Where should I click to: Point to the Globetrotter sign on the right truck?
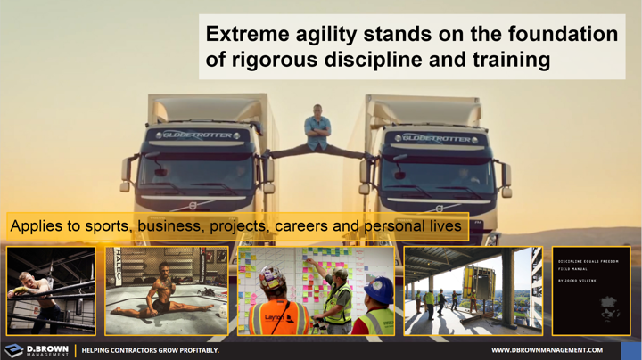(x=432, y=138)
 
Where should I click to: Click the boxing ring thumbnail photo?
(x=51, y=290)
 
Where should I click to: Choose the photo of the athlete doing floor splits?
(x=166, y=290)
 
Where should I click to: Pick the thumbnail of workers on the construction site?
(x=473, y=290)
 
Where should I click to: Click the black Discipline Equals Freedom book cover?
(x=590, y=290)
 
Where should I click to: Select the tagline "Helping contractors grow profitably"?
(x=151, y=350)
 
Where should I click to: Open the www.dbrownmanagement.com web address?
(x=547, y=350)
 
